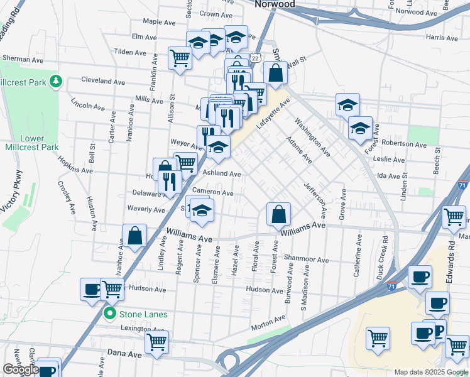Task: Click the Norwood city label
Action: tap(275, 4)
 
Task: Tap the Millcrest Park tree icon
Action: tap(56, 82)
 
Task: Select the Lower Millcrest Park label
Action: tap(32, 143)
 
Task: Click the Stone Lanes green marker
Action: tap(111, 314)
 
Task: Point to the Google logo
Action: tap(20, 369)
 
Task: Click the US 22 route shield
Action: tap(254, 57)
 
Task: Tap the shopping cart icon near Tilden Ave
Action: tap(180, 58)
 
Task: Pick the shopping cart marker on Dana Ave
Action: tap(156, 343)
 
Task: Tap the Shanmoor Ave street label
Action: tap(306, 260)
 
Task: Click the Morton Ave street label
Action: tap(268, 324)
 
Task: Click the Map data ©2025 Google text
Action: tap(430, 372)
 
